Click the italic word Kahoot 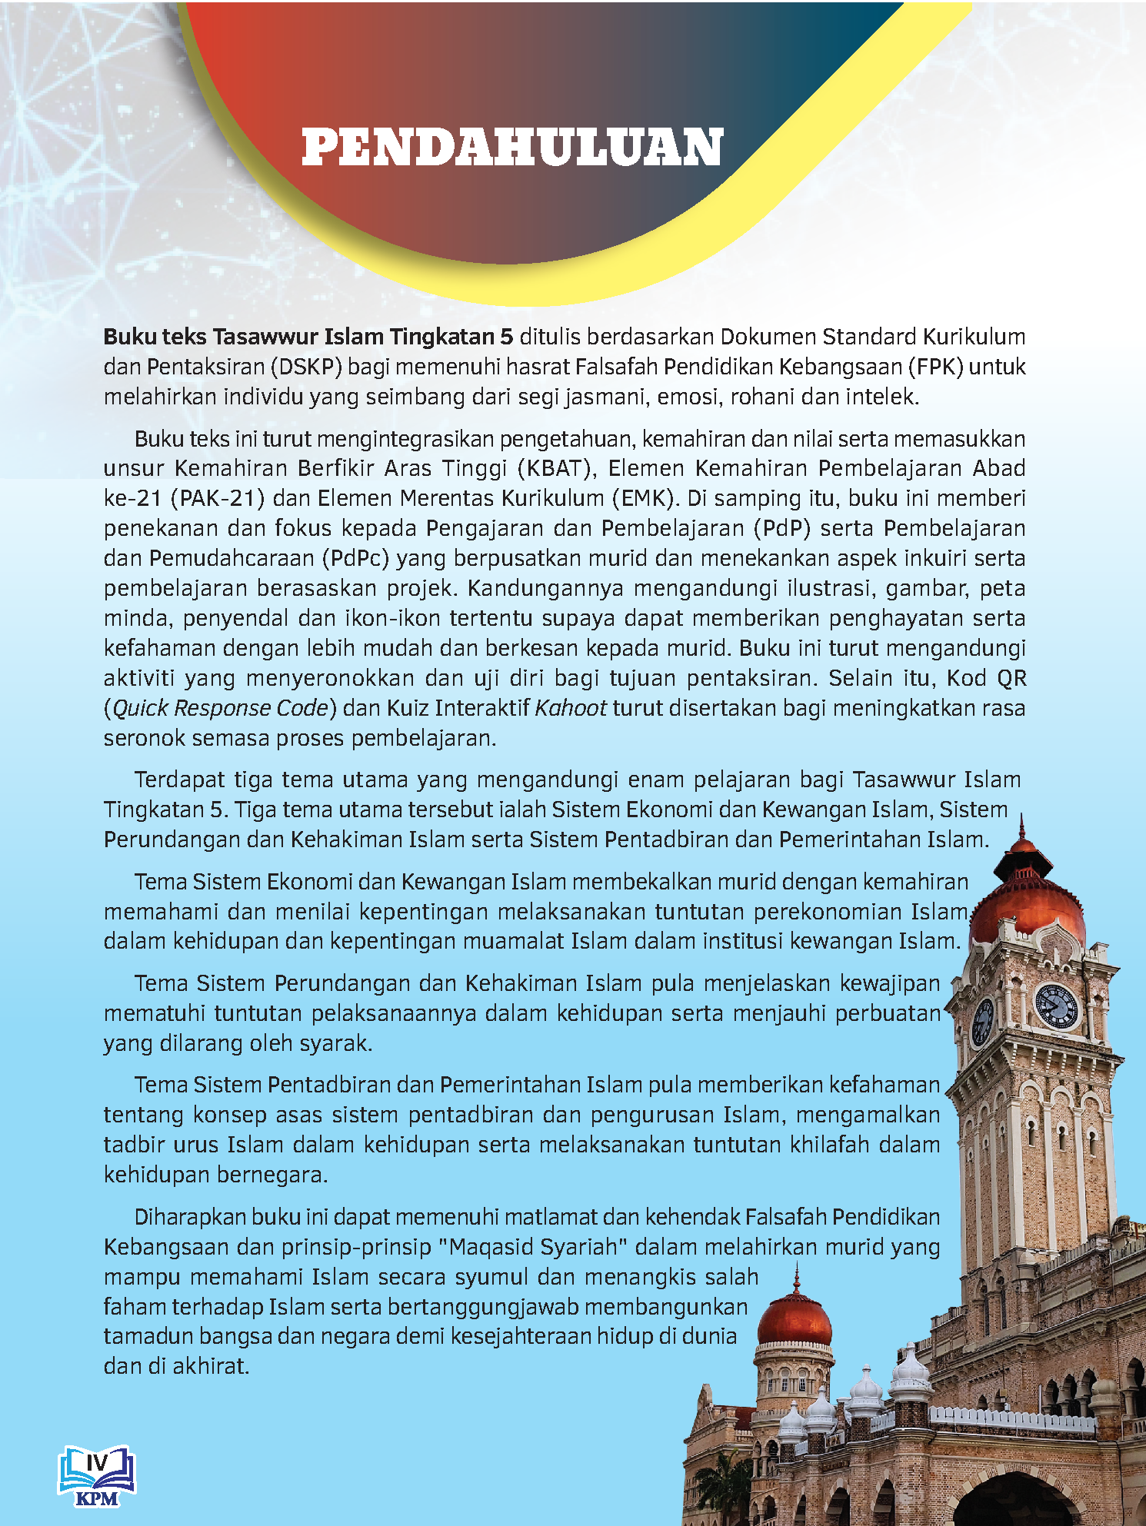point(571,708)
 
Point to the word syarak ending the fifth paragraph point(335,1043)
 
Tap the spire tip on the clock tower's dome point(1021,821)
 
